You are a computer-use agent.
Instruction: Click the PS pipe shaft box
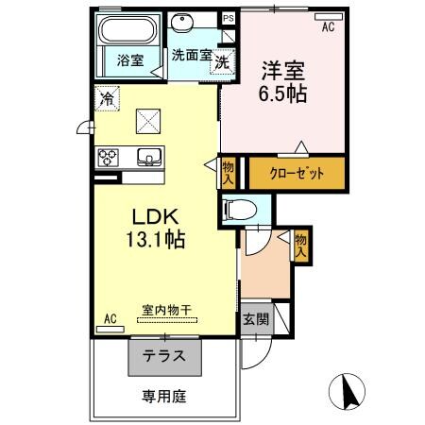coord(228,18)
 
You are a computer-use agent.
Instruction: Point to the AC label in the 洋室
coord(328,27)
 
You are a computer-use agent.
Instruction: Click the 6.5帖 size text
coord(282,94)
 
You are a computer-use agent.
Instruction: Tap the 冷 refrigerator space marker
coord(108,96)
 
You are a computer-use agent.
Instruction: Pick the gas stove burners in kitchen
coord(108,157)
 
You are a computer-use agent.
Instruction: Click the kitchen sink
coord(148,157)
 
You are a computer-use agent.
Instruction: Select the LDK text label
coord(149,216)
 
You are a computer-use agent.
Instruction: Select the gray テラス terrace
coord(164,357)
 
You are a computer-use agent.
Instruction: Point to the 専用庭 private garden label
coord(164,397)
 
